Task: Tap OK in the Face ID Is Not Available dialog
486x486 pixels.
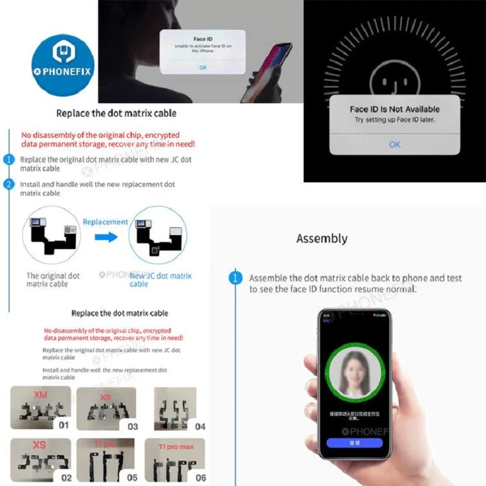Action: pyautogui.click(x=395, y=144)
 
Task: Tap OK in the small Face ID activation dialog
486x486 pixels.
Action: pyautogui.click(x=202, y=67)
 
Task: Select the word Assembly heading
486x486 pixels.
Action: pyautogui.click(x=322, y=238)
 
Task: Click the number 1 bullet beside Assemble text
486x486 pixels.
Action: pyautogui.click(x=235, y=278)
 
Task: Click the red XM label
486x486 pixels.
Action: pyautogui.click(x=40, y=395)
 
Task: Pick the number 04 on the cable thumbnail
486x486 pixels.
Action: pyautogui.click(x=200, y=426)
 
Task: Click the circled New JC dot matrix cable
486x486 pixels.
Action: pyautogui.click(x=158, y=237)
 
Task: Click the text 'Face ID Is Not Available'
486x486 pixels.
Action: pyautogui.click(x=395, y=109)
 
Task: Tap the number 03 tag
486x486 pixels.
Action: pyautogui.click(x=132, y=426)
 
